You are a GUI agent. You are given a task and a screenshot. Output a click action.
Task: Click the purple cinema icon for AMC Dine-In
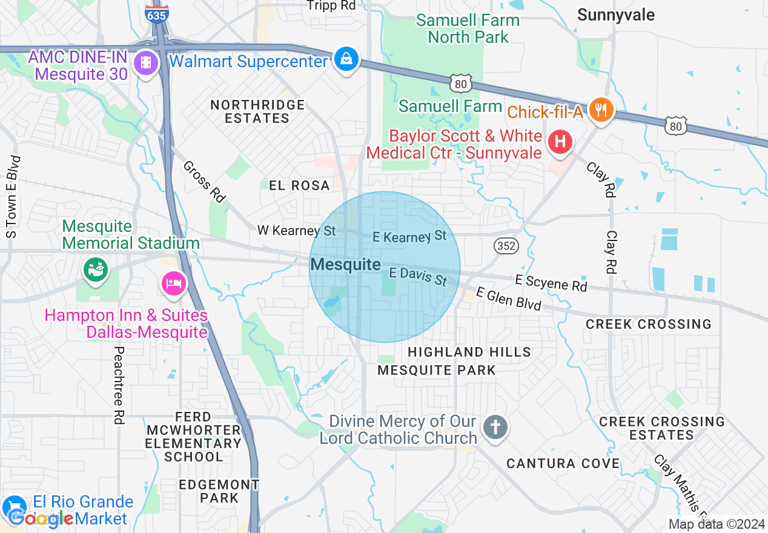(x=145, y=62)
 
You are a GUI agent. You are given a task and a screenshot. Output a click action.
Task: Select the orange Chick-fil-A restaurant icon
(x=600, y=110)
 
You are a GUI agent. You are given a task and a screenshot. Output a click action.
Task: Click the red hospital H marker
(x=560, y=143)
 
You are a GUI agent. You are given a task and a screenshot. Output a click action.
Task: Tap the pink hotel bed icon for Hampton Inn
(x=174, y=283)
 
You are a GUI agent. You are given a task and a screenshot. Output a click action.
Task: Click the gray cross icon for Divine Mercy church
(x=495, y=428)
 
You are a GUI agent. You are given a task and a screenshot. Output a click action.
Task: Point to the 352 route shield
(x=505, y=245)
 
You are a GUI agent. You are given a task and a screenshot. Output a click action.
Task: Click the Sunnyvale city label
(x=616, y=15)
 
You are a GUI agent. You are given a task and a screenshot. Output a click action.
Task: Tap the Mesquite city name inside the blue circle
(x=345, y=264)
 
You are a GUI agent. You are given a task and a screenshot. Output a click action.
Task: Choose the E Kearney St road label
(x=409, y=236)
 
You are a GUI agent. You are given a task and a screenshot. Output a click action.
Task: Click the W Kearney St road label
(x=296, y=230)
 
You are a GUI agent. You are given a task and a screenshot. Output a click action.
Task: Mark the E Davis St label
(x=417, y=277)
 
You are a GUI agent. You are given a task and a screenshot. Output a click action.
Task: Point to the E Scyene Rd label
(x=551, y=283)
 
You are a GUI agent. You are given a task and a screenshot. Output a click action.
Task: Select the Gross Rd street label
(x=204, y=181)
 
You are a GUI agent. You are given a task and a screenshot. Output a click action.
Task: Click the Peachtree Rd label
(x=119, y=385)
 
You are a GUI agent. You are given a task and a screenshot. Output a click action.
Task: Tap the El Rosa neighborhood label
(x=300, y=185)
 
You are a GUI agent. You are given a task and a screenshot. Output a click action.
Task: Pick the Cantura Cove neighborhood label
(x=563, y=463)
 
